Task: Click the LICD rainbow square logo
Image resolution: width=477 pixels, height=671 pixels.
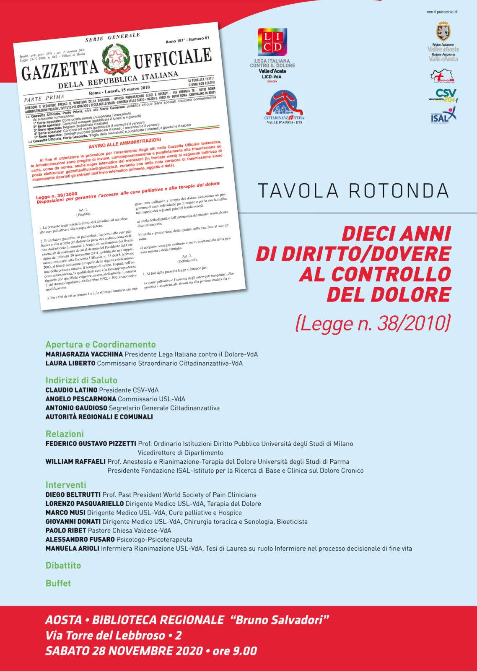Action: (272, 42)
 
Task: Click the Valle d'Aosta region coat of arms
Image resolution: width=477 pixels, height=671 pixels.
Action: (443, 31)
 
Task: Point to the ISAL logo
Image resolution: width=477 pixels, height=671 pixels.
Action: (443, 114)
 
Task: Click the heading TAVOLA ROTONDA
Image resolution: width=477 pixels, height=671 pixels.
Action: (353, 191)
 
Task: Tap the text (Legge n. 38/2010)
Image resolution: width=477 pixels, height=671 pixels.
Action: (373, 323)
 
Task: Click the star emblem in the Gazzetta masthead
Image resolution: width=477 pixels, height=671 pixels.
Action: (116, 58)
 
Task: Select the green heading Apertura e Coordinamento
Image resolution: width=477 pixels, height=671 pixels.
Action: (101, 345)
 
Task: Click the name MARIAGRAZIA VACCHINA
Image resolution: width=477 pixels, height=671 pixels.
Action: (84, 354)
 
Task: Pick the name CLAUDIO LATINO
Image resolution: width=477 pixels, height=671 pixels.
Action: (71, 390)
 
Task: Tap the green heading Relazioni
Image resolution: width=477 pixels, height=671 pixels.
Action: (65, 434)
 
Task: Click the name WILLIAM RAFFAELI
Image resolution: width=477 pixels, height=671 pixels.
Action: (75, 462)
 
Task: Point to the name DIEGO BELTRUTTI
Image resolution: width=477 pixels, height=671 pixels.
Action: (73, 495)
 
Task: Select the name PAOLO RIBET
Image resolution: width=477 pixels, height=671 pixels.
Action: (66, 531)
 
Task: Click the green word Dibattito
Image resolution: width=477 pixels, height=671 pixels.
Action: (63, 566)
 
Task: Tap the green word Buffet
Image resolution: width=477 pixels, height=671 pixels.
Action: (58, 583)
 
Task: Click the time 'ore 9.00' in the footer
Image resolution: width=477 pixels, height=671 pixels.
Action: (235, 651)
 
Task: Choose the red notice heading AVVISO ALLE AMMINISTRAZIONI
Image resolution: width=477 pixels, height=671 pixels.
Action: (124, 143)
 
